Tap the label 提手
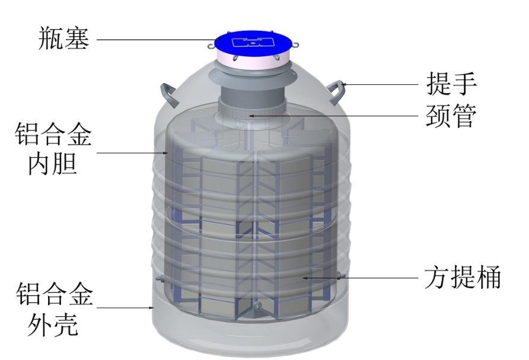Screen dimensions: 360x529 pyautogui.click(x=451, y=84)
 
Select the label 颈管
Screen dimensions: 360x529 pyautogui.click(x=451, y=116)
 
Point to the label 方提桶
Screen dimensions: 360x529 pyautogui.click(x=463, y=277)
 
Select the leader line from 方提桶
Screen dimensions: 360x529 pyautogui.click(x=356, y=277)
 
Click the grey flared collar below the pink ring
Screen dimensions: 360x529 pyautogui.click(x=252, y=77)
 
